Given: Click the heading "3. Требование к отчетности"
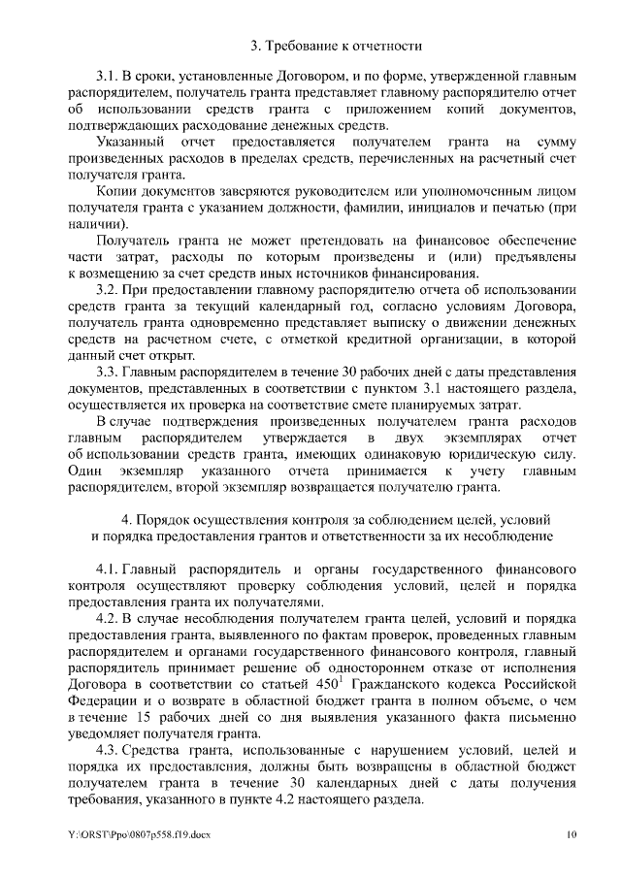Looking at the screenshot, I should [336, 45].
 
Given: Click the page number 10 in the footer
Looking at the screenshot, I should [572, 834].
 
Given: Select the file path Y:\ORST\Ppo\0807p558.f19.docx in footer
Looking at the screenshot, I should [139, 834].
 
